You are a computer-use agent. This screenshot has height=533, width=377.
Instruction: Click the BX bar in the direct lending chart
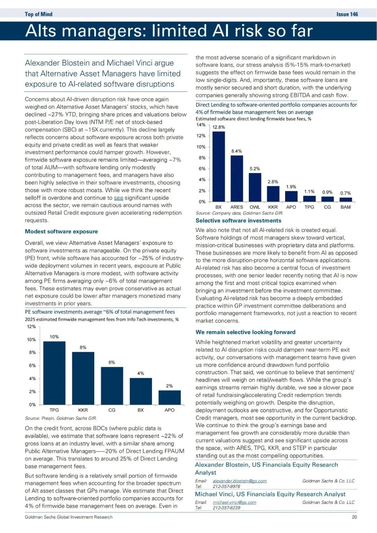click(x=219, y=167)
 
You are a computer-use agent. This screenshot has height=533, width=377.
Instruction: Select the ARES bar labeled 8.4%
click(x=237, y=178)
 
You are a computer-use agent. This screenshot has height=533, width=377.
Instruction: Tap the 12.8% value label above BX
click(x=219, y=127)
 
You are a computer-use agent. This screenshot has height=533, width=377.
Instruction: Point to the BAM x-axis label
click(x=345, y=207)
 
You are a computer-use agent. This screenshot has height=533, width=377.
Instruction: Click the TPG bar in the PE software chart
click(x=54, y=373)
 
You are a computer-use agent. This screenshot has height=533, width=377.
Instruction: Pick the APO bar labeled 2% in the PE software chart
click(x=169, y=397)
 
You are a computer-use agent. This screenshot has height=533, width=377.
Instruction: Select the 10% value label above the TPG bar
click(x=54, y=337)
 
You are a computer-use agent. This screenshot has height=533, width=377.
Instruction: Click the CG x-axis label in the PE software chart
click(x=112, y=410)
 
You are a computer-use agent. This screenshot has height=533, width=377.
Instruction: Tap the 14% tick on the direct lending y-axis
click(x=201, y=125)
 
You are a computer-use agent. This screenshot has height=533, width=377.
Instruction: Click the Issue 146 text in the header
click(x=347, y=14)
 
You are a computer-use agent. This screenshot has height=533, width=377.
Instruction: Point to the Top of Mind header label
click(x=38, y=14)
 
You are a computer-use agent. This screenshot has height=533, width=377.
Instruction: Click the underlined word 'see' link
click(x=118, y=198)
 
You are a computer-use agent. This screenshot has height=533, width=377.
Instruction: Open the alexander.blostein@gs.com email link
click(x=239, y=481)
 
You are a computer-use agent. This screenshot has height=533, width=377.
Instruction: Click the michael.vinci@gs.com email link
click(x=234, y=502)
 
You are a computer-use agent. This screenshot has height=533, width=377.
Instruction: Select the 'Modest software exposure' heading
click(x=61, y=232)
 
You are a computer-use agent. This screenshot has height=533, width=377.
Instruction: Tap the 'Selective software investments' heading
click(x=238, y=221)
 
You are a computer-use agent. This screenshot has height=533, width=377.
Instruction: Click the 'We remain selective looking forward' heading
click(x=245, y=332)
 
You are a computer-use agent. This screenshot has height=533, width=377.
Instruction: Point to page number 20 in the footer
click(x=354, y=517)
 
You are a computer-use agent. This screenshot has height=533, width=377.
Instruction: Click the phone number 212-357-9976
click(x=226, y=486)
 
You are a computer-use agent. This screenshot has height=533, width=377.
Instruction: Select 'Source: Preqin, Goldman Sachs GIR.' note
click(x=61, y=418)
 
